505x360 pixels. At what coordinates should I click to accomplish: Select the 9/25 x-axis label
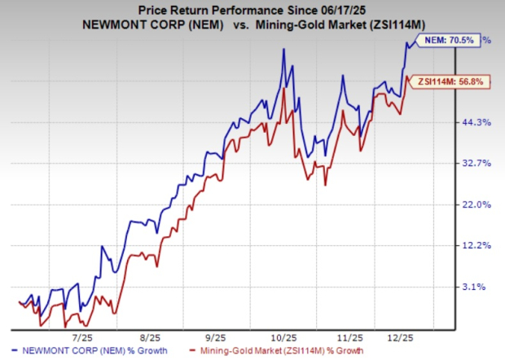214,335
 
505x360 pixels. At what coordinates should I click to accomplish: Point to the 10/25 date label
281,335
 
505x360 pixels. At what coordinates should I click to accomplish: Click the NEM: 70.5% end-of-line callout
447,39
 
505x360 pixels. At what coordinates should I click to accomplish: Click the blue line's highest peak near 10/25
283,49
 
